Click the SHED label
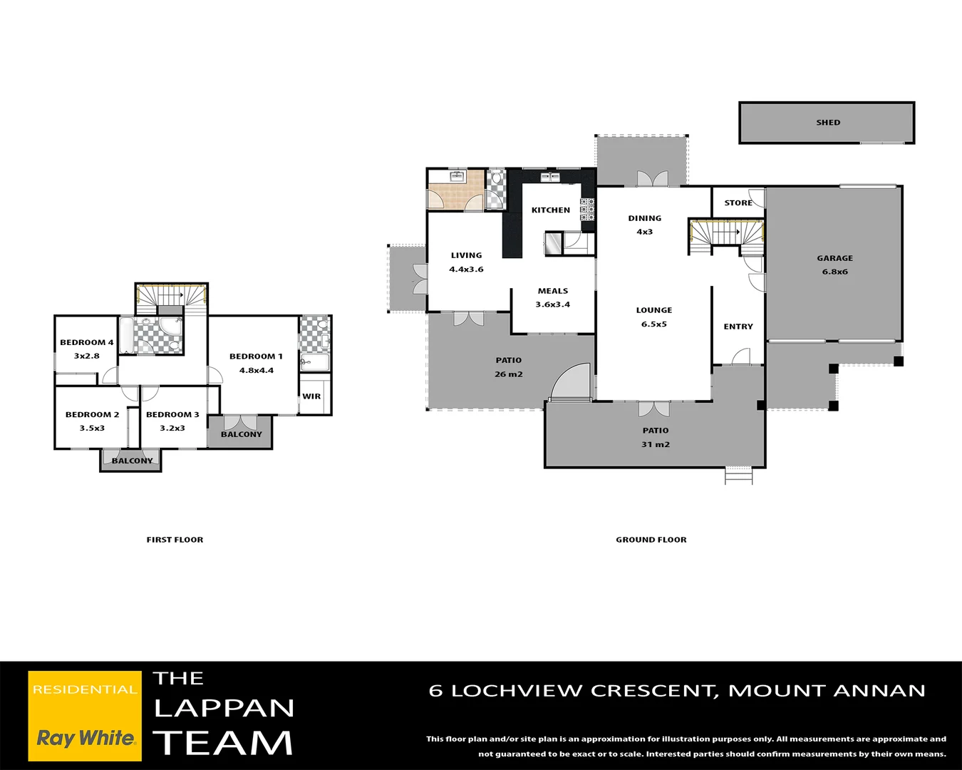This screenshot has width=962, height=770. coord(828,123)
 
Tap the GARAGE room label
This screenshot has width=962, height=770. coord(834,258)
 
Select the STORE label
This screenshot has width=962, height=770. coord(738,203)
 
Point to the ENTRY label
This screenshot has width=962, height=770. coord(738,327)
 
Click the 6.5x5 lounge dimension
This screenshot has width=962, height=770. coord(653,324)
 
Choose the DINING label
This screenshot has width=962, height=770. coord(644,218)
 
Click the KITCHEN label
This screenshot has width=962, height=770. coord(551,210)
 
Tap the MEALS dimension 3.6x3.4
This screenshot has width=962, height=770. coord(553,304)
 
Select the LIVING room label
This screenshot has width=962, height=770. coord(466,255)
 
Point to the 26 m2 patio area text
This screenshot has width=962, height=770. coord(509,374)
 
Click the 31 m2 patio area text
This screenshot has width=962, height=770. coord(656,444)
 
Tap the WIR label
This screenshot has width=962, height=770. coord(311,396)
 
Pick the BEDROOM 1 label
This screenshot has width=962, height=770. coord(256,356)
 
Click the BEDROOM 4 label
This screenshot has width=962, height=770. coord(86,342)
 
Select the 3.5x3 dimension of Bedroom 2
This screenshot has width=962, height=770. coord(92,428)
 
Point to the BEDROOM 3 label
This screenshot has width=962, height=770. coord(172,414)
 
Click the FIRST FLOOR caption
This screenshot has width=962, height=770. coord(175,540)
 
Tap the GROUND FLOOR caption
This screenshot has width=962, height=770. coord(651,540)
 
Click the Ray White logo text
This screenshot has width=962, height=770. coord(86,738)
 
